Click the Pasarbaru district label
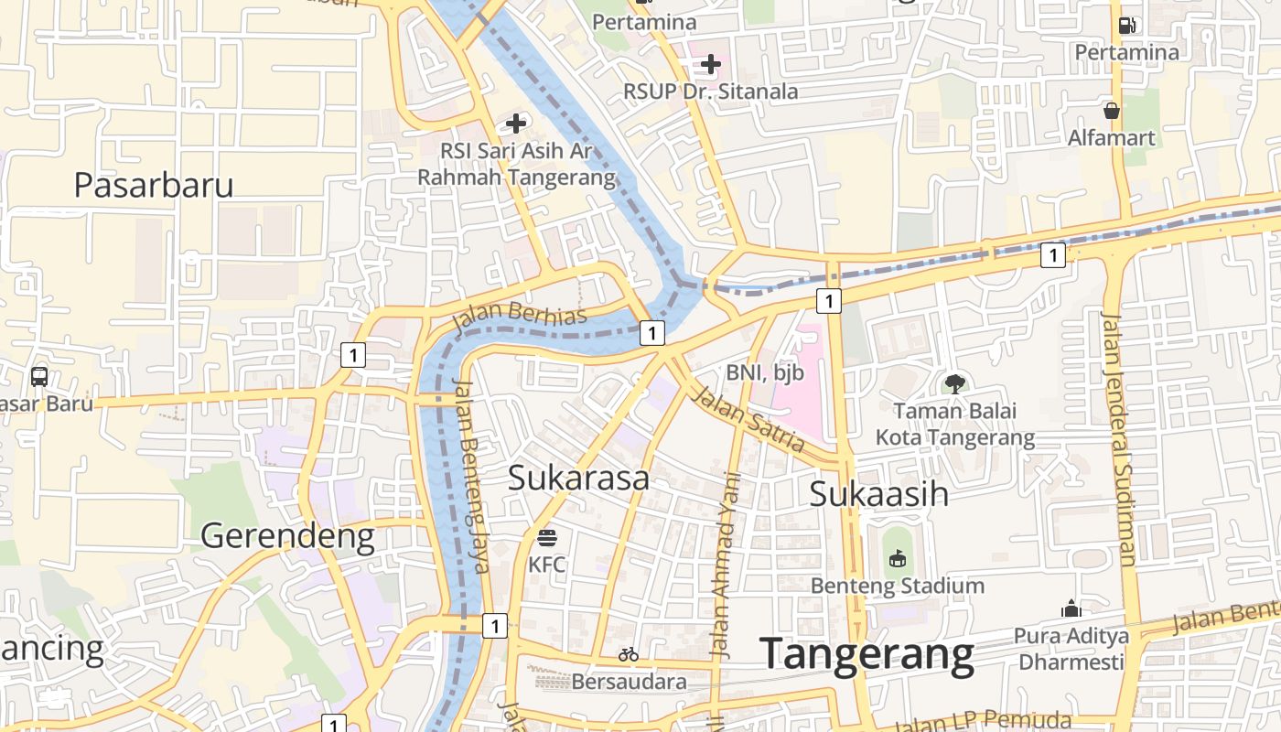tap(154, 185)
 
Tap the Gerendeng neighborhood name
tap(287, 535)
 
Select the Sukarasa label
tap(578, 478)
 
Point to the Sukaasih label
tap(878, 494)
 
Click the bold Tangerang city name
tap(867, 654)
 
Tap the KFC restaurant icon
tap(547, 537)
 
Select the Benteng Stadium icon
tap(898, 557)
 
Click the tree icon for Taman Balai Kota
tap(955, 383)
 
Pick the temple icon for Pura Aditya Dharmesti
tap(1071, 608)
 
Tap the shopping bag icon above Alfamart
tap(1112, 111)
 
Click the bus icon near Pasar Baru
tap(39, 376)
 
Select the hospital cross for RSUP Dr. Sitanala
tap(711, 64)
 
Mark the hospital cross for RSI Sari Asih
tap(516, 123)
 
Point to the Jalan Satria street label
tap(748, 420)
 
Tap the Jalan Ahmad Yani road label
tap(725, 565)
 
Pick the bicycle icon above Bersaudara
tap(629, 654)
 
